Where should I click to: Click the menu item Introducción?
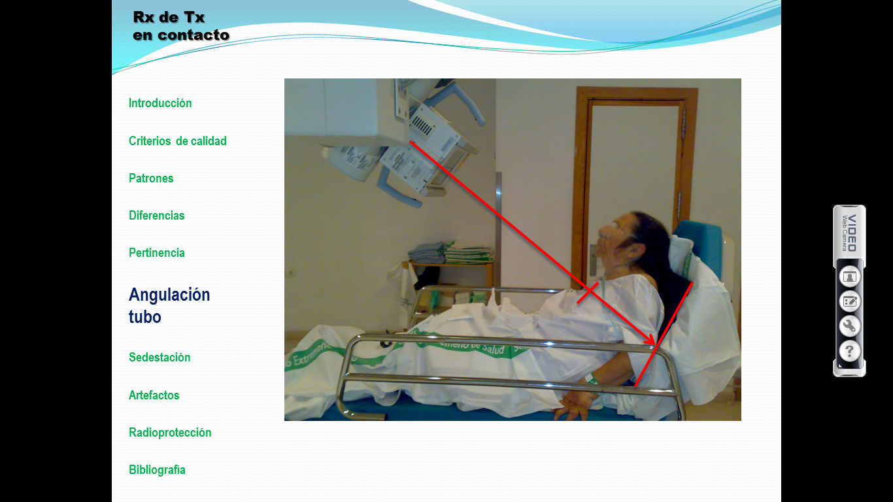click(160, 103)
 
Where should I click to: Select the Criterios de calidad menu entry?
click(177, 141)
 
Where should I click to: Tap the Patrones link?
click(151, 178)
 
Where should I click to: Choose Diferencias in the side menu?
click(156, 216)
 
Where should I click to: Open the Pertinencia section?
click(156, 253)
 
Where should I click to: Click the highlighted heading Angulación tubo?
click(169, 306)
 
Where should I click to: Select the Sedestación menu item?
click(160, 358)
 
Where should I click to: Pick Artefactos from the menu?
click(154, 395)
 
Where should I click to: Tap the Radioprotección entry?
click(170, 433)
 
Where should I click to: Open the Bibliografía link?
click(157, 470)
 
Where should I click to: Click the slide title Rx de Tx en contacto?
click(181, 26)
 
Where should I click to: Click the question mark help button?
click(849, 352)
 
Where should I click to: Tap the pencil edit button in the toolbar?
click(849, 301)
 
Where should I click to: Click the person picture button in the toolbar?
click(849, 276)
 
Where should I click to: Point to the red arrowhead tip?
click(654, 344)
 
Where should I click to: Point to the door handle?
click(592, 259)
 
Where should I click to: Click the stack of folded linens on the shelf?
click(450, 252)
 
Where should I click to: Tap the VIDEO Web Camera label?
click(849, 233)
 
